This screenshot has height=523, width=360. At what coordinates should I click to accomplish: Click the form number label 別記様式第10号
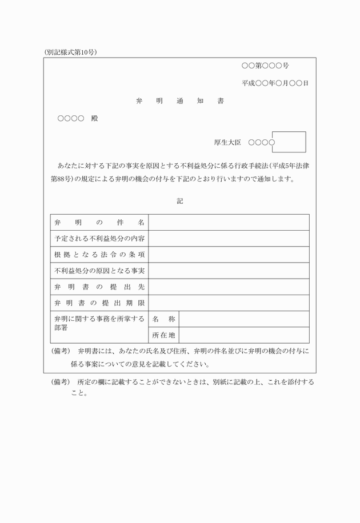70,52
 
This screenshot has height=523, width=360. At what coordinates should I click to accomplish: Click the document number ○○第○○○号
265,66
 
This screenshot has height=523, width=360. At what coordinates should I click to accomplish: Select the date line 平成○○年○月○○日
275,83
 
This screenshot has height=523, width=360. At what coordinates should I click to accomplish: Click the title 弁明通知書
180,101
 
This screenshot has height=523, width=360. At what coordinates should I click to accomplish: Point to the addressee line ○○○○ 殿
78,119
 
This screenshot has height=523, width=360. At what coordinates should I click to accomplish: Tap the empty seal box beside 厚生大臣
289,142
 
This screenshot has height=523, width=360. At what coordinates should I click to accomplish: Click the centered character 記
180,201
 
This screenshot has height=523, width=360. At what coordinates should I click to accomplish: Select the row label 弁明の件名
99,222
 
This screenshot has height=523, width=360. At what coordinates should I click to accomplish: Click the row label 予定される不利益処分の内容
99,238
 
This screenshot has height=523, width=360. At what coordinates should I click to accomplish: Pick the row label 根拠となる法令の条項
99,254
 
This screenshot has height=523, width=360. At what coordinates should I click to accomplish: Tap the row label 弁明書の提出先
99,287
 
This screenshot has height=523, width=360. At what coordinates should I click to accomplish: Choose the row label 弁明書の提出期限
99,303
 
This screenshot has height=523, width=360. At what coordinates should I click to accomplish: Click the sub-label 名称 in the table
164,319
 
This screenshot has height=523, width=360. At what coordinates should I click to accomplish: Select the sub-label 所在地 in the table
164,335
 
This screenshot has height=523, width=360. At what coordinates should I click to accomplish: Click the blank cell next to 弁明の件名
229,222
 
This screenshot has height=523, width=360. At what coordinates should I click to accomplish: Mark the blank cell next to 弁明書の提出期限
229,303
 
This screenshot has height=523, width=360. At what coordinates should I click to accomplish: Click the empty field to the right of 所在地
244,335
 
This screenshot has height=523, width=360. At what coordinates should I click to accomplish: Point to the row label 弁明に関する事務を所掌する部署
99,323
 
